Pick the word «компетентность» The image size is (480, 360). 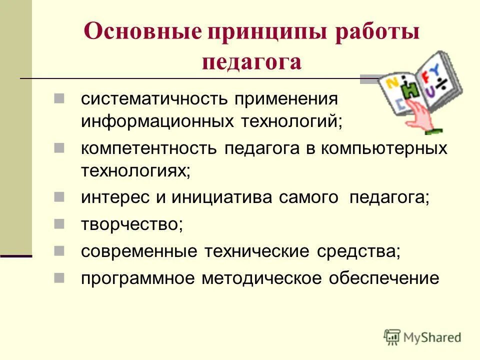[x=149, y=148]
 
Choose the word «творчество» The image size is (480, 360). [x=131, y=224]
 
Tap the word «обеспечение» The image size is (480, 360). [x=383, y=278]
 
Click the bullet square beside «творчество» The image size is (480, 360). [x=59, y=222]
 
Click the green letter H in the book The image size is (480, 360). [x=411, y=89]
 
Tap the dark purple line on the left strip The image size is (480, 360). [x=16, y=256]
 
